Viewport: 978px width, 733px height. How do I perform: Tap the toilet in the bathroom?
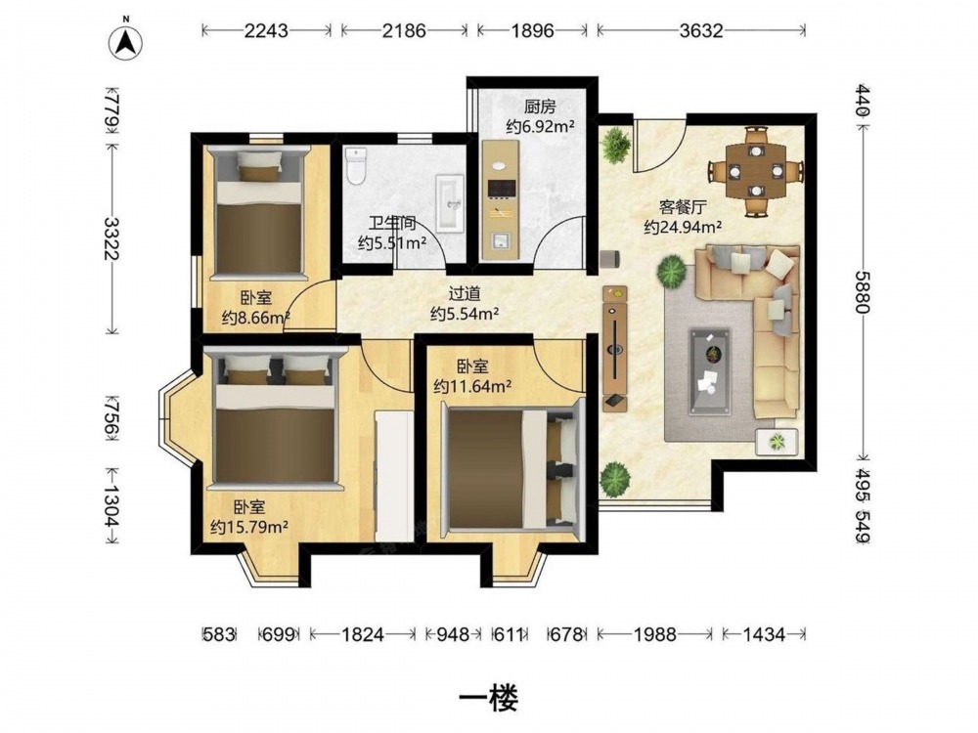[x=356, y=166]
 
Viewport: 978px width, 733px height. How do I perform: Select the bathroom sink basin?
[x=449, y=203]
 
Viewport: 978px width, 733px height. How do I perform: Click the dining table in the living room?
[x=756, y=171]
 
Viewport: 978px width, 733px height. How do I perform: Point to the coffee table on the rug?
[x=710, y=372]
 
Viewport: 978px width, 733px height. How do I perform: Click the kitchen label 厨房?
[x=540, y=106]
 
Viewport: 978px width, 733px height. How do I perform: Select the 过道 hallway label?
[x=465, y=293]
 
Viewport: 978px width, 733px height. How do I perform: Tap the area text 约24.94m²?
[x=683, y=228]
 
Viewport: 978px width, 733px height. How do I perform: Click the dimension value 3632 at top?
[x=701, y=30]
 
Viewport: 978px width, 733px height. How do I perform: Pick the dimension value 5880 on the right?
[x=863, y=291]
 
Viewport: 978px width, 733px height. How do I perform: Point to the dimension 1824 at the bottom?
[x=363, y=634]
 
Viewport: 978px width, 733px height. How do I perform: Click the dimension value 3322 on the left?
[x=112, y=238]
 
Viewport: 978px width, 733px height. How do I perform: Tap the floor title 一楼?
[x=488, y=699]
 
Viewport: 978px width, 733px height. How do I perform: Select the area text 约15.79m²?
[x=249, y=528]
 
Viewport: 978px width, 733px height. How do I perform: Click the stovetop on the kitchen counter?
[x=502, y=188]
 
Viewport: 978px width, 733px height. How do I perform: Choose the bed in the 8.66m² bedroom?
[x=258, y=212]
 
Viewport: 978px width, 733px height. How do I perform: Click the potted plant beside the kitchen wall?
[x=617, y=146]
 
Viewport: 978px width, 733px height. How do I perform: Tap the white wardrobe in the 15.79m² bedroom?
[x=394, y=476]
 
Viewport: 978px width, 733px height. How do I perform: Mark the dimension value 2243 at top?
[x=266, y=30]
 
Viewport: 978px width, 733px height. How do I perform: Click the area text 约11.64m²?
[x=472, y=386]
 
